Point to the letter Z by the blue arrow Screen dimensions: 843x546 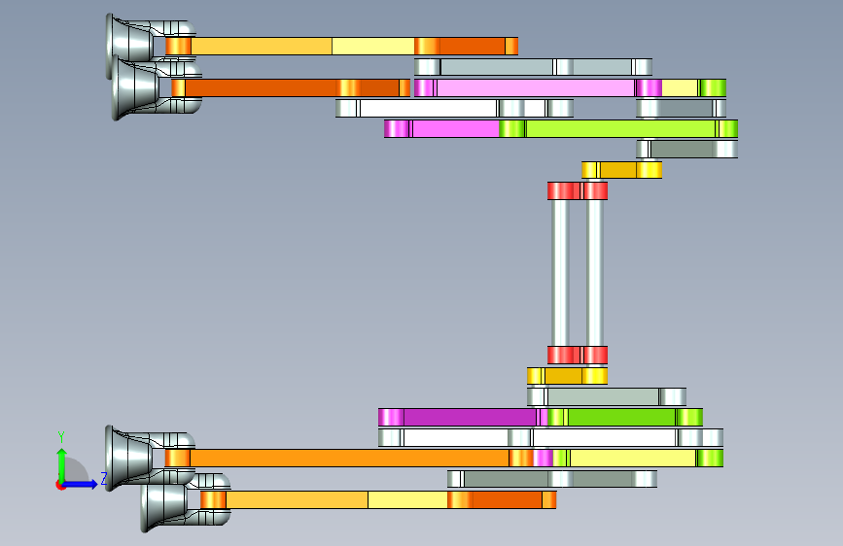pos(104,478)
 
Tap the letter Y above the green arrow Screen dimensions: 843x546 pos(61,437)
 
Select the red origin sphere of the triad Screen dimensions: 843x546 pos(61,484)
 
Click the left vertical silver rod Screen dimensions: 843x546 pos(561,272)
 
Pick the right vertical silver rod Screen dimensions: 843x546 pos(595,272)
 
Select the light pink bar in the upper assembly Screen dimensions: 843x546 pos(535,87)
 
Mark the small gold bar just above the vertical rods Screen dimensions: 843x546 pos(622,170)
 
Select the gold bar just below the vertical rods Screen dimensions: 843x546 pos(567,375)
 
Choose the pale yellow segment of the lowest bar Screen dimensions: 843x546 pos(407,499)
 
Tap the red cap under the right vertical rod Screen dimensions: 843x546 pos(596,355)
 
